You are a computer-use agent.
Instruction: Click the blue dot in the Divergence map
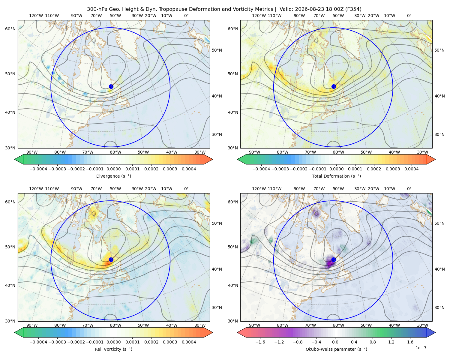[x=111, y=87]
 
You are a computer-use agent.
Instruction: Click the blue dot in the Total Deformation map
[x=334, y=87]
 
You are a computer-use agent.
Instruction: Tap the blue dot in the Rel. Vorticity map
[x=111, y=259]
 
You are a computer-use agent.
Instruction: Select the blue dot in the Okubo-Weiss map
[x=334, y=259]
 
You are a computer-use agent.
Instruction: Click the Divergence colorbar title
[x=113, y=176]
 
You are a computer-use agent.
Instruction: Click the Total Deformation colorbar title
[x=336, y=176]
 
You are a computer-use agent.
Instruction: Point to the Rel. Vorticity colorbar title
[x=113, y=349]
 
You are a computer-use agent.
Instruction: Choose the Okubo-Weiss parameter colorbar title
[x=336, y=349]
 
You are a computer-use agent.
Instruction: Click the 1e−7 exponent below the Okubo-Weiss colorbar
[x=421, y=348]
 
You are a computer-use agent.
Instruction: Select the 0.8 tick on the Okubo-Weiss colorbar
[x=373, y=342]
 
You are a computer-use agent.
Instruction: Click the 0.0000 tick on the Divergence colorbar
[x=113, y=169]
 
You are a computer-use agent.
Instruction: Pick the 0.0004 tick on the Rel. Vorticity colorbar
[x=189, y=342]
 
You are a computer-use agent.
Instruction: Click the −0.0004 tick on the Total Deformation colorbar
[x=261, y=169]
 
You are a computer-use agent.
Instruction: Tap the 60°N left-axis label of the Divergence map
[x=10, y=29]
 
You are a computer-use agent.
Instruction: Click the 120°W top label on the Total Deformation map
[x=259, y=16]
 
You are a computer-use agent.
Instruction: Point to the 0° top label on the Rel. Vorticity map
[x=186, y=189]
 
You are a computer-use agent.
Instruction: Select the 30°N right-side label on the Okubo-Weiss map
[x=439, y=307]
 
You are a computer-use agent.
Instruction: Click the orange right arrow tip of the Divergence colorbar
[x=212, y=159]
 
